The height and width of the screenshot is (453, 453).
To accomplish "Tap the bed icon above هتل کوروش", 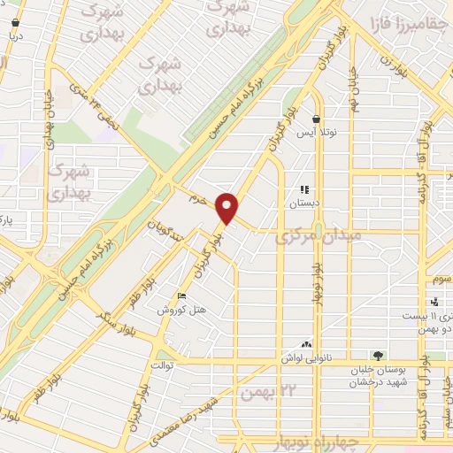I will click(182, 297).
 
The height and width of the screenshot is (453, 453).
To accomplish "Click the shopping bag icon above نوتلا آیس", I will click(316, 119).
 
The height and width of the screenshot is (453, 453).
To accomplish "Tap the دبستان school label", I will click(304, 203).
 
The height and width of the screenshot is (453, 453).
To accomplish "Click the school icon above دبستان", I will click(305, 189).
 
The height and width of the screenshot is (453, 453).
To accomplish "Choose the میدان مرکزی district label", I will click(319, 237).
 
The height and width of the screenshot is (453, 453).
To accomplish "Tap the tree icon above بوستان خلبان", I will click(379, 356).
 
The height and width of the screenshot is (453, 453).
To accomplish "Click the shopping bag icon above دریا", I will click(16, 23).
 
